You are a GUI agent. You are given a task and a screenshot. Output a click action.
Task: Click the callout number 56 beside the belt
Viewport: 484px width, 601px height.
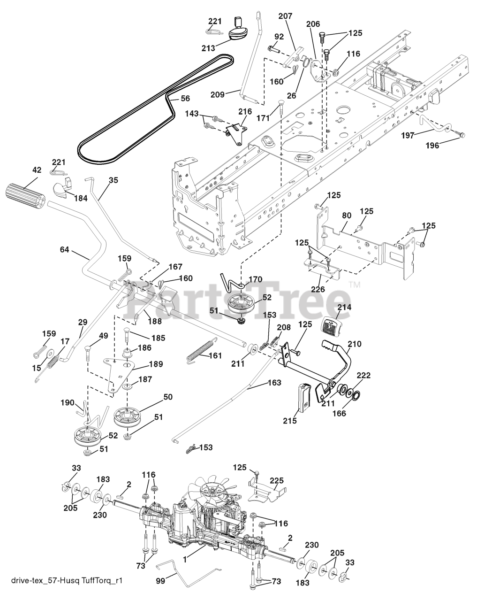185,99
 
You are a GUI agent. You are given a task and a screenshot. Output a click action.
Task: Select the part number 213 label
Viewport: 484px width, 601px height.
208,48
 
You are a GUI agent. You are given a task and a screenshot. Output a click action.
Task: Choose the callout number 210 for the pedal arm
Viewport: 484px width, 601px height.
354,344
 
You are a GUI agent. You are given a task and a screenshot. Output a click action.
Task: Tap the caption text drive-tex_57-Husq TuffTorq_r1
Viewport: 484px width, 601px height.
67,581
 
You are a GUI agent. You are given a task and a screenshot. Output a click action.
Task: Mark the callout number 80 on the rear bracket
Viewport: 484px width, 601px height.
347,216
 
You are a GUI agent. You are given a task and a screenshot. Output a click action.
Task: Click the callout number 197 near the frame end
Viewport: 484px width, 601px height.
408,135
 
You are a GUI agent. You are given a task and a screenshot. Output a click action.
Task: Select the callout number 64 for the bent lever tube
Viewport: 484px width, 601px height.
64,249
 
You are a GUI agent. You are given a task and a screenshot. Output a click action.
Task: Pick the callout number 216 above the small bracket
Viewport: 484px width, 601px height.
245,111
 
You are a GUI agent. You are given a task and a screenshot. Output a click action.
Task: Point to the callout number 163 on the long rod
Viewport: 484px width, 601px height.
274,382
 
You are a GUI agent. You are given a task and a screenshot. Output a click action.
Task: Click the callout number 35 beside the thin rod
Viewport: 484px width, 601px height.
113,180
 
